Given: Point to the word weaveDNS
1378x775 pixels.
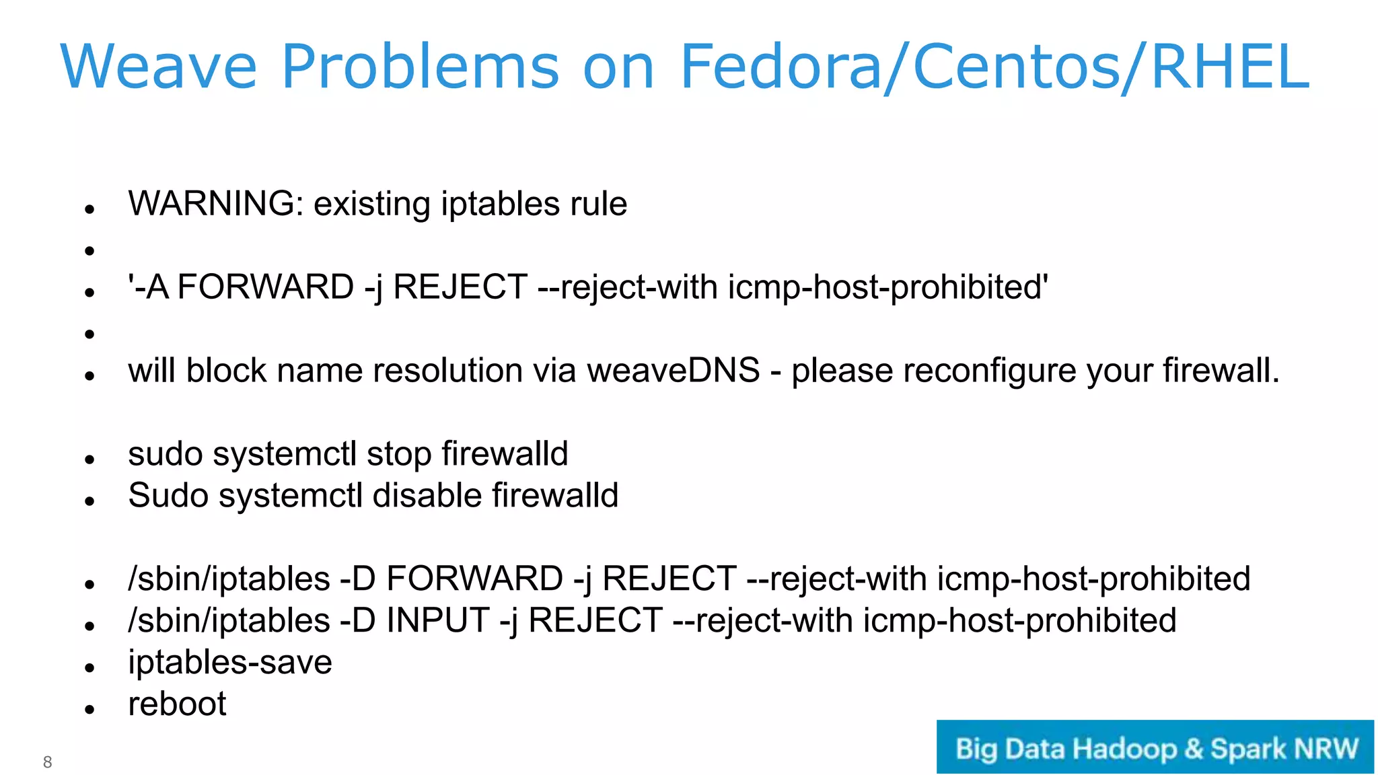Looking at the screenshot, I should click(673, 371).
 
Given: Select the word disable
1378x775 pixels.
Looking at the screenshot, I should click(427, 496).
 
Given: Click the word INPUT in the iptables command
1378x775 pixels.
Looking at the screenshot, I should click(437, 620).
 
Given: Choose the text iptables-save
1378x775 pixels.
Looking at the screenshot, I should click(230, 663).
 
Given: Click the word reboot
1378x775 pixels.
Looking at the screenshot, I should click(177, 704).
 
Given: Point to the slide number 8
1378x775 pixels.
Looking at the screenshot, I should click(47, 762).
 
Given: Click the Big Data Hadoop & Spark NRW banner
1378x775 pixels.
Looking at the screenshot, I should click(1155, 747).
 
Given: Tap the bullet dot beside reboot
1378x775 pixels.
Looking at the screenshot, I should click(89, 709).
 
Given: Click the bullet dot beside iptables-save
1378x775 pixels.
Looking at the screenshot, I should click(89, 667).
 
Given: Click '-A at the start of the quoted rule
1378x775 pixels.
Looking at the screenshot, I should click(148, 287).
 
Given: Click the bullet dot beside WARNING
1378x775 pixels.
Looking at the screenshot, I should click(89, 209).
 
